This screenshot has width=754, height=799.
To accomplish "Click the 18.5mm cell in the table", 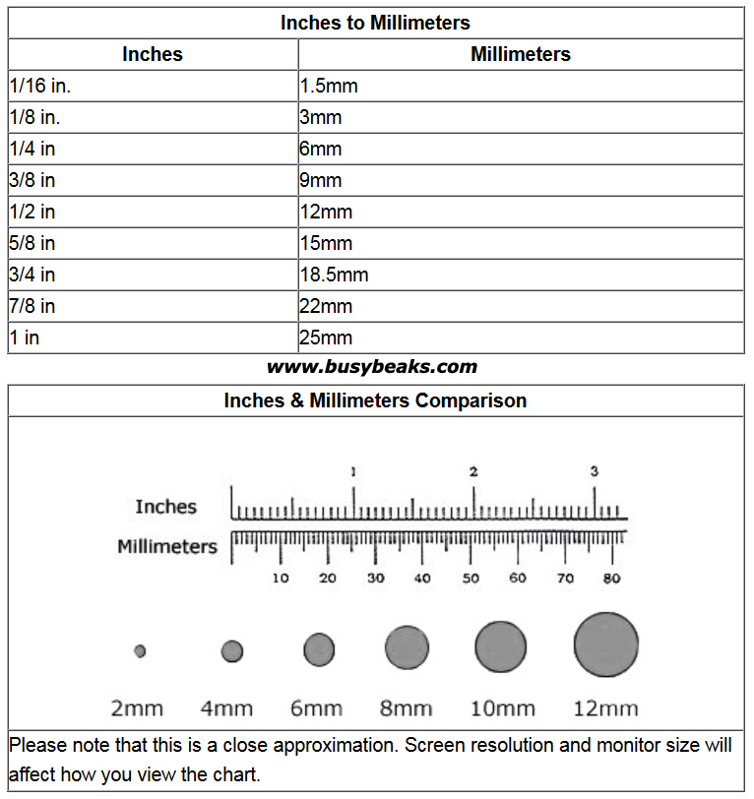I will (x=335, y=275).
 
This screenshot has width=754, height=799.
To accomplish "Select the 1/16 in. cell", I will (x=40, y=86).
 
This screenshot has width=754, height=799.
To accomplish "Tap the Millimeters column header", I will (x=521, y=54).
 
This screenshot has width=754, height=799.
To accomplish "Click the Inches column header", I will (x=153, y=54).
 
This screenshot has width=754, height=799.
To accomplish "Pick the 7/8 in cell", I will (x=32, y=306).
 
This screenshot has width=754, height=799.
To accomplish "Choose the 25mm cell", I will (x=326, y=338).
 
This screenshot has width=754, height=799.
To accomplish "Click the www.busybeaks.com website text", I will (x=372, y=367).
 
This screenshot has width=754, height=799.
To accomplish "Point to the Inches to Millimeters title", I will (x=375, y=22).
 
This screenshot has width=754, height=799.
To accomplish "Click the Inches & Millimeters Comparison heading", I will (x=375, y=400).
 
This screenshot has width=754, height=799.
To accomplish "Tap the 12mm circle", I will (x=605, y=645).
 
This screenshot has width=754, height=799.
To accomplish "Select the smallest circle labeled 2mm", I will (x=140, y=650).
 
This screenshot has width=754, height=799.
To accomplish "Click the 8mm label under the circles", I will (x=406, y=707).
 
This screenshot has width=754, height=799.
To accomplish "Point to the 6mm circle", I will (x=319, y=649).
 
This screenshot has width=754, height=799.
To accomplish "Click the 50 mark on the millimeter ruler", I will (x=471, y=578).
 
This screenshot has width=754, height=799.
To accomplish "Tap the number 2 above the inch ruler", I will (x=473, y=472).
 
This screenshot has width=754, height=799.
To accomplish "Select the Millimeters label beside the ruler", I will (x=167, y=546).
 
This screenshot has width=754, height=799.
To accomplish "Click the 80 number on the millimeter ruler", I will (x=612, y=578).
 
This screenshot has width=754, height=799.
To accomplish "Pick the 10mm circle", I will (x=501, y=647).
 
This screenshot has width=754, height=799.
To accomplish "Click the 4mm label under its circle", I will (x=226, y=707).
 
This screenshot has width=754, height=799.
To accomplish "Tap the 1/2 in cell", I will (x=32, y=212).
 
